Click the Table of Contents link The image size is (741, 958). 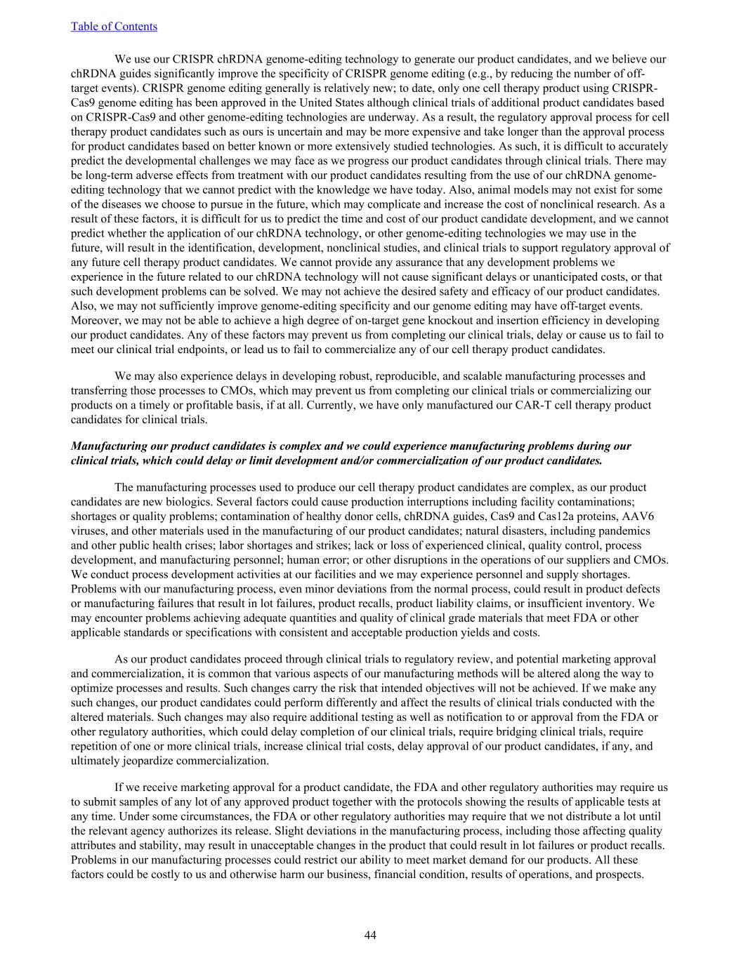click(114, 27)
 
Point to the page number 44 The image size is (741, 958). click(370, 935)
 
